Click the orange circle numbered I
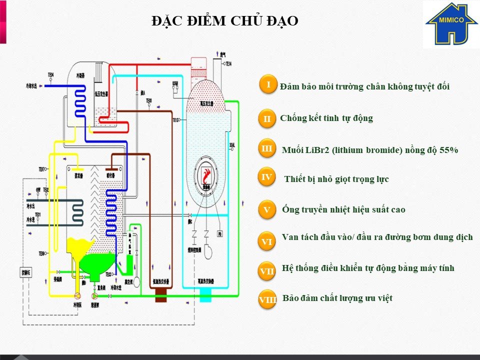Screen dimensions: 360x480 [x=268, y=84]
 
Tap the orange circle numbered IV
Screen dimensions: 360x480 [x=267, y=176]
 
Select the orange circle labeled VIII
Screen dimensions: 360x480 [x=268, y=300]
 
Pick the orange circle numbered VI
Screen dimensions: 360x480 [x=267, y=241]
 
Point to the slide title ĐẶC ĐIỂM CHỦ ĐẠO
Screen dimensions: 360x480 [x=225, y=21]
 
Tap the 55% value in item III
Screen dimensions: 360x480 [x=449, y=150]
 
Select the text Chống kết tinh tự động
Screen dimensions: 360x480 [x=326, y=118]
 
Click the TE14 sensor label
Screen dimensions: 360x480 [x=228, y=63]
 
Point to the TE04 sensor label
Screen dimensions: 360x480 [x=51, y=75]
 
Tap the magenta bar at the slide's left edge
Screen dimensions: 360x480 [x=3, y=22]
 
